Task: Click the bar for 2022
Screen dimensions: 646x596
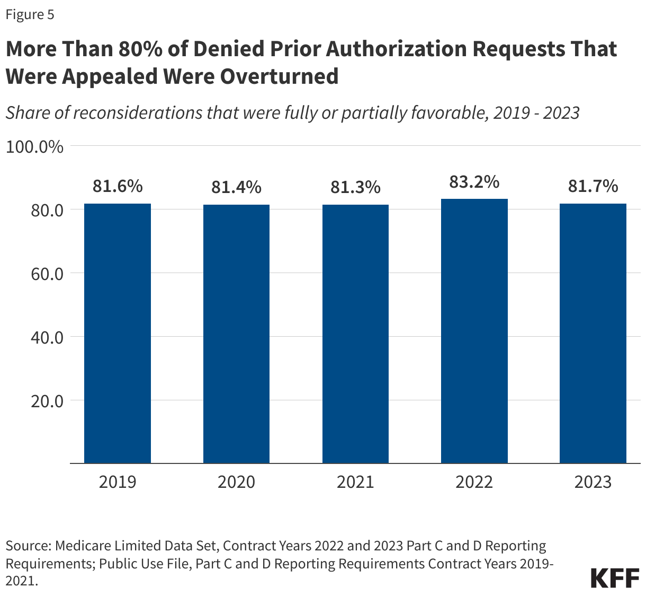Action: click(474, 331)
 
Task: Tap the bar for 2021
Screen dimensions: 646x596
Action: click(355, 334)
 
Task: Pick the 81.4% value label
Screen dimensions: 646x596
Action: click(236, 187)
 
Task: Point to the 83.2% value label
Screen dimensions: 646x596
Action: click(474, 182)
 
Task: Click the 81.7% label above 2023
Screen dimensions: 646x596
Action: click(593, 186)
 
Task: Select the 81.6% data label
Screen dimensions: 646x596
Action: click(118, 186)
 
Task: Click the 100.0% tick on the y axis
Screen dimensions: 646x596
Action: click(34, 147)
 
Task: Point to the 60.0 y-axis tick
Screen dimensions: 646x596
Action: click(47, 274)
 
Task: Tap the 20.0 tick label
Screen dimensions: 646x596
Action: click(47, 401)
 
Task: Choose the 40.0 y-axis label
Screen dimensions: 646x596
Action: click(47, 337)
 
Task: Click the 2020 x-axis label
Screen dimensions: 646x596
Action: click(236, 481)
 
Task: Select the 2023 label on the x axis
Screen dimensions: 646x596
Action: click(593, 481)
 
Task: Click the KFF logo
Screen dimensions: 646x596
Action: click(615, 578)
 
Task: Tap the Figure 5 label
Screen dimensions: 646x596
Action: click(30, 15)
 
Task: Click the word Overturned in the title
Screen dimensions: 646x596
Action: click(279, 76)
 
